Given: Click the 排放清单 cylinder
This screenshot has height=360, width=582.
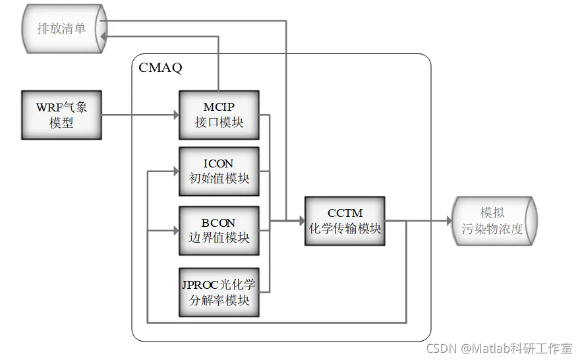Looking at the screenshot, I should tap(63, 28).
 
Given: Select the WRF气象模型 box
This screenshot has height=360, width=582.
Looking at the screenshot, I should tap(61, 114).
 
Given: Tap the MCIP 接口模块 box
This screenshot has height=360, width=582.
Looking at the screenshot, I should tap(219, 114).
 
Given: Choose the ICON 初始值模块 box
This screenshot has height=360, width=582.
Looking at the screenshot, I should tap(219, 170).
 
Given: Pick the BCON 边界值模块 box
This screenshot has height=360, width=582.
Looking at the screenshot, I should tap(219, 230).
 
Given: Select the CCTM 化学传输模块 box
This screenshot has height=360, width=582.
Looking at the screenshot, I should tap(345, 221).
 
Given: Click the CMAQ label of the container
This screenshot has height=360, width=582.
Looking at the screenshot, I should tap(160, 67).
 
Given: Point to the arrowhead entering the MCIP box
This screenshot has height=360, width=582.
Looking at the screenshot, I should tap(175, 114).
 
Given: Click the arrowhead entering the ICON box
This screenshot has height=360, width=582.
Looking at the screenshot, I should tap(175, 171).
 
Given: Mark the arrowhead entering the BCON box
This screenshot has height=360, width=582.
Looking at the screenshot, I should tap(175, 231).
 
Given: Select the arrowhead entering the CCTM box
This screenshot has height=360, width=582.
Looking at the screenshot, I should tap(301, 221).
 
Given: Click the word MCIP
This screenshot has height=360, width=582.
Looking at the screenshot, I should tap(219, 107).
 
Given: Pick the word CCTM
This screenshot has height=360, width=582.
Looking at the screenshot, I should tap(345, 213).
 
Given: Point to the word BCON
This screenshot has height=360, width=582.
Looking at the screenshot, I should tap(219, 223).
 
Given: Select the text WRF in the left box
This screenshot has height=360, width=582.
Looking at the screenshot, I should tap(49, 107).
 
